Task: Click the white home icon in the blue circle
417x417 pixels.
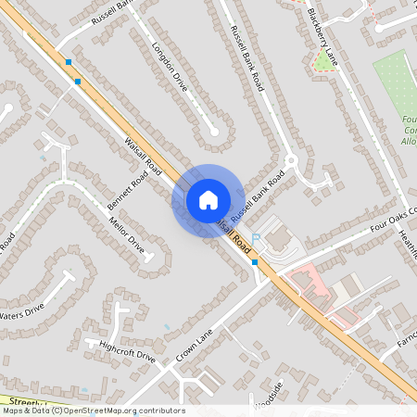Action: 208,199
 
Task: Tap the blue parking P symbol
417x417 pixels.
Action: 257,239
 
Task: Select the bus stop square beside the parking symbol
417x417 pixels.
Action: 255,262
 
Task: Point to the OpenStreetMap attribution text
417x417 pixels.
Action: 93,411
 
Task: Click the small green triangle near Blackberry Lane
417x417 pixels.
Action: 323,61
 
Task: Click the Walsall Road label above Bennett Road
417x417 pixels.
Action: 143,156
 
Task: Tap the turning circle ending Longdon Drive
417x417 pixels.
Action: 216,131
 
